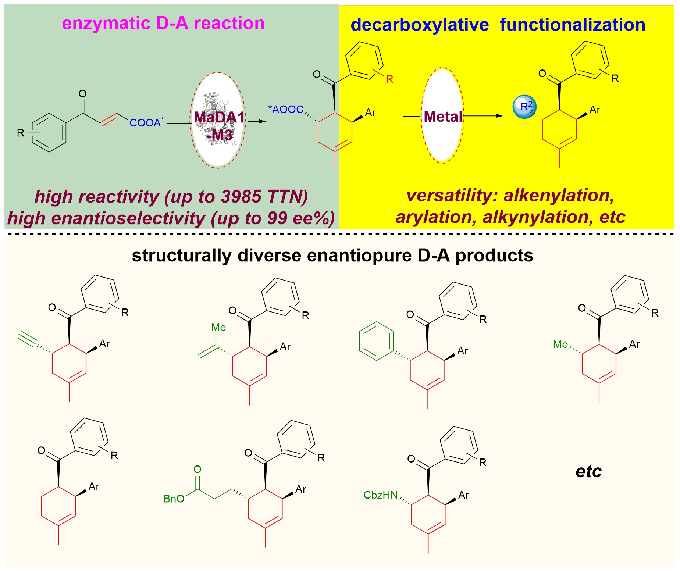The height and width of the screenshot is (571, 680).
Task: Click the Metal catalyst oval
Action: (x=442, y=116)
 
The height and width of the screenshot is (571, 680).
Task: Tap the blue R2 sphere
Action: (x=525, y=107)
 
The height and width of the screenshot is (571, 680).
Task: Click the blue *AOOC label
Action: (x=286, y=109)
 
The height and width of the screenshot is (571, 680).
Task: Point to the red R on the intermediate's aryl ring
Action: (x=389, y=79)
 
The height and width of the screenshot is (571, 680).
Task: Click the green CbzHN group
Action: (x=381, y=495)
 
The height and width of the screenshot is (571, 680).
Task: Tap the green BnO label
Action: (x=174, y=499)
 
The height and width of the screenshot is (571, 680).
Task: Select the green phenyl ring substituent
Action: (x=376, y=341)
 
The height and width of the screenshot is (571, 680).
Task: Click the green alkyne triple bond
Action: (x=27, y=339)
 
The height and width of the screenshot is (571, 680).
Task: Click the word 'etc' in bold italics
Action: (x=588, y=471)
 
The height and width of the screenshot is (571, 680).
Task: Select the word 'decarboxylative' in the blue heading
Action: (x=420, y=25)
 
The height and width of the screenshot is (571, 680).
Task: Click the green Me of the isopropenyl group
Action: (x=218, y=327)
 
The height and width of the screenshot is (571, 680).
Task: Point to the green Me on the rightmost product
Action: (x=560, y=345)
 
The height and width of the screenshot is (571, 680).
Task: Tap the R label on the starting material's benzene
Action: (x=21, y=133)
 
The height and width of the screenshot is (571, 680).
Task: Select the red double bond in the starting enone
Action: (x=108, y=119)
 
